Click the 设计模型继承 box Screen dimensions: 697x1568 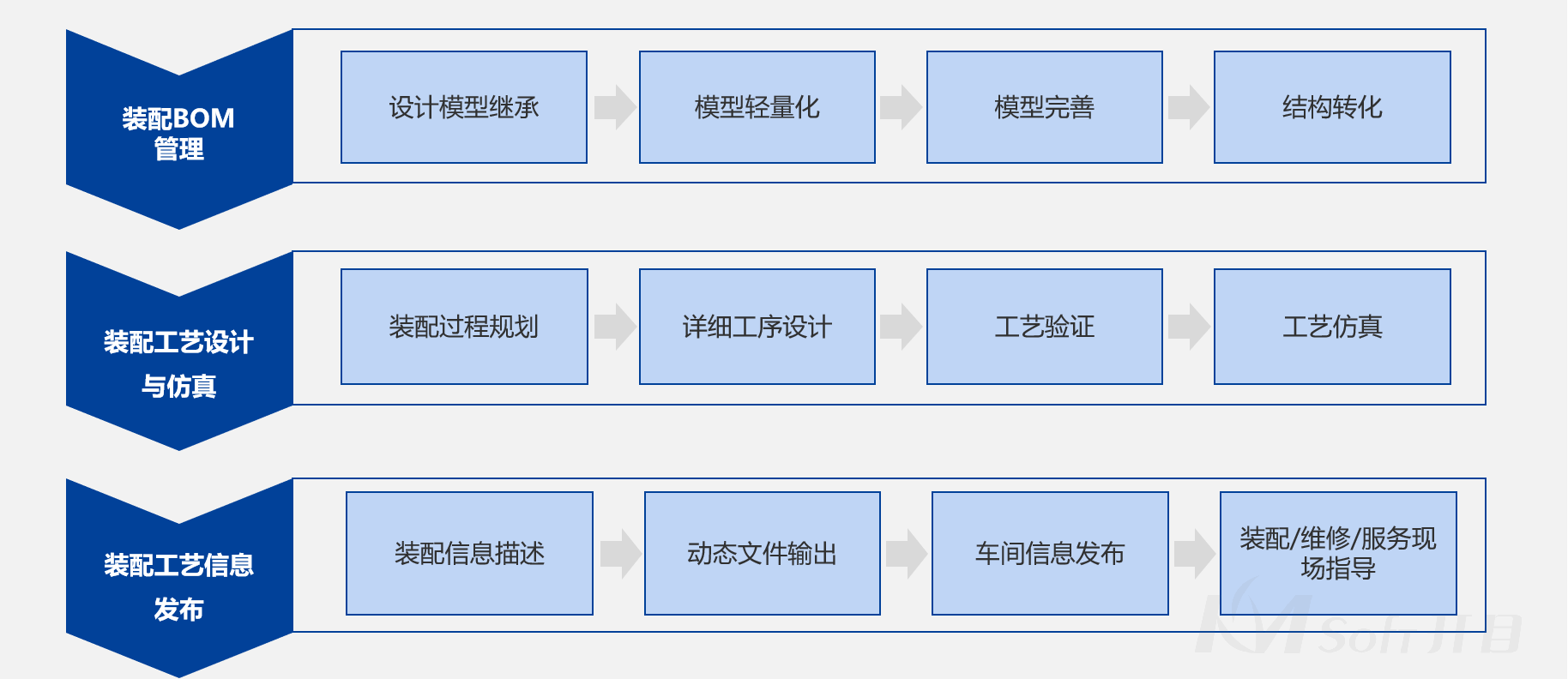pos(463,107)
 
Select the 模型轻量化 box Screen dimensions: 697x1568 pos(757,107)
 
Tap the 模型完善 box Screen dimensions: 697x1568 pos(1044,107)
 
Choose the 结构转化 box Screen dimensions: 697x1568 pos(1332,107)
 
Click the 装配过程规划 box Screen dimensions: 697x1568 pos(463,327)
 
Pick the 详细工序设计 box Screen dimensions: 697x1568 pos(757,327)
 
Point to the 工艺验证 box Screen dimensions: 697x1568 pos(1044,327)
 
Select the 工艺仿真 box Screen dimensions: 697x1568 pos(1332,327)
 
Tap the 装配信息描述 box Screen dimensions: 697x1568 pos(469,553)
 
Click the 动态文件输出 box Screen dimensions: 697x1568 pos(762,553)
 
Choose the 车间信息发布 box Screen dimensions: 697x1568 pos(1050,553)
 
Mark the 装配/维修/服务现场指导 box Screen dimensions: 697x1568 pos(1337,553)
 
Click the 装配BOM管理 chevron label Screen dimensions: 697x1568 pos(178,133)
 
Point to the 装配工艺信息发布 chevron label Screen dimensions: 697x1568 pos(178,586)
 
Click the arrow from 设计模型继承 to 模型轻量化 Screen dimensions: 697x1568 pos(614,107)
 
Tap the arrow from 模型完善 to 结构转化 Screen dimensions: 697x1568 pos(1188,107)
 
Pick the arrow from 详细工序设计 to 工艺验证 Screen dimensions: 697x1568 pos(901,327)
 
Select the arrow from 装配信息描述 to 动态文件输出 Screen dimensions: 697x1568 pos(620,553)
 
